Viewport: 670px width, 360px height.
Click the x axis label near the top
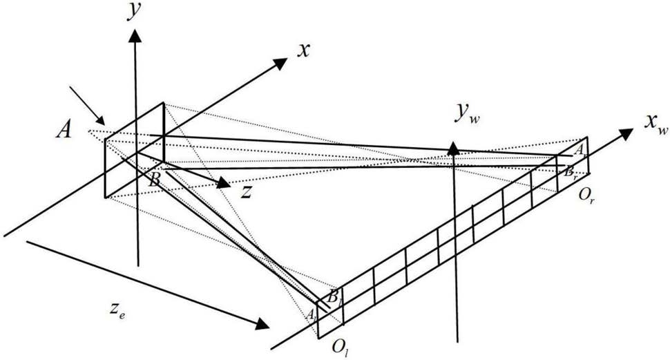[302, 49]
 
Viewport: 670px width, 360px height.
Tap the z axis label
[247, 193]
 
